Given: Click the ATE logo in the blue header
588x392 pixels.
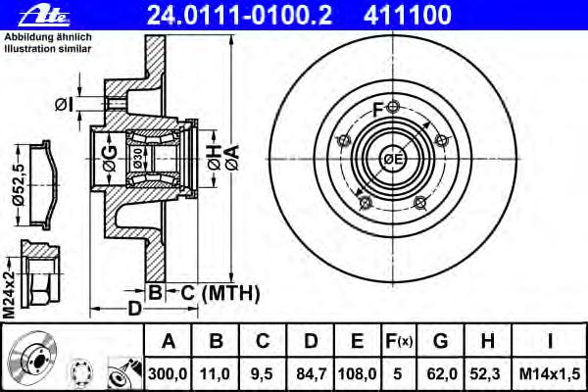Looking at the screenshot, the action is pos(45,16).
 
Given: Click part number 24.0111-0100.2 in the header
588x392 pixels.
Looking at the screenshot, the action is pos(240,15).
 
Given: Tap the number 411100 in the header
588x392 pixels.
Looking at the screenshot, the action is pos(408,15).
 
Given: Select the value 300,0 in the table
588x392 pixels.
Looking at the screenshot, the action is pos(168,374).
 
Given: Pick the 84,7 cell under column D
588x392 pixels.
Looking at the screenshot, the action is pos(311,374).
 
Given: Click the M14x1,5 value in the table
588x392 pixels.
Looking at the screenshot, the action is pos(550,374).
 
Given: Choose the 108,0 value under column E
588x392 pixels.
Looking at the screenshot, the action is pos(357,374).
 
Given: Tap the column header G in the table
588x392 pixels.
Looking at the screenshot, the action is pos(440,341).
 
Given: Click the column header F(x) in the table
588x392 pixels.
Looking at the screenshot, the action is pos(399,341).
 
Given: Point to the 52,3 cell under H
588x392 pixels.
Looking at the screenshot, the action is pos(487,374).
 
